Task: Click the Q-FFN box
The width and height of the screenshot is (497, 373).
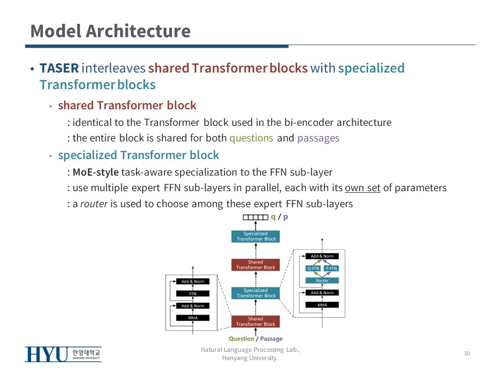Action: tap(313, 268)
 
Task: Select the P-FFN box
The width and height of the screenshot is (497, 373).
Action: tap(331, 268)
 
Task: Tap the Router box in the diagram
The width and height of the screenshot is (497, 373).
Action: tap(322, 280)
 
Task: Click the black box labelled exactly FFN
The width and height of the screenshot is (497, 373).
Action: tap(193, 293)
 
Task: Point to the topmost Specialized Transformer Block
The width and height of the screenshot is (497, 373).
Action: tap(255, 236)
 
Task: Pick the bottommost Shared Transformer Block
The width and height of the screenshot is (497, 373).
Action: tap(255, 322)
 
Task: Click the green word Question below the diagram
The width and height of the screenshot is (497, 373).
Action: tap(241, 339)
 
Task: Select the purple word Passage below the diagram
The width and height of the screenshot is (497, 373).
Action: tap(271, 339)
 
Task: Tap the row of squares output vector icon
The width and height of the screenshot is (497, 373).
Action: tap(256, 218)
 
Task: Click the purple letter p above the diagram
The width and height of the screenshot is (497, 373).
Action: tap(285, 218)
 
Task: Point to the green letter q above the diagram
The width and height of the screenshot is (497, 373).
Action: tap(273, 218)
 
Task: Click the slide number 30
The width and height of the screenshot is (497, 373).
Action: tap(467, 353)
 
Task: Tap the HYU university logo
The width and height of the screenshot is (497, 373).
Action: tap(63, 354)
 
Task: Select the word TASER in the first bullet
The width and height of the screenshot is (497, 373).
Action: tap(59, 68)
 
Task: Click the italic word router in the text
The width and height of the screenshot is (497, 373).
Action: tap(94, 204)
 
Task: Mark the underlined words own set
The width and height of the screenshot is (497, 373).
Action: tap(362, 188)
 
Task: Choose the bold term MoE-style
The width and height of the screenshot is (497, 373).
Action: tap(96, 172)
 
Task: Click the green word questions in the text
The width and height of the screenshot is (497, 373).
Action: tap(251, 138)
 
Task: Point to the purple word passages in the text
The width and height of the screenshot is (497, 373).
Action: tap(318, 138)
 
